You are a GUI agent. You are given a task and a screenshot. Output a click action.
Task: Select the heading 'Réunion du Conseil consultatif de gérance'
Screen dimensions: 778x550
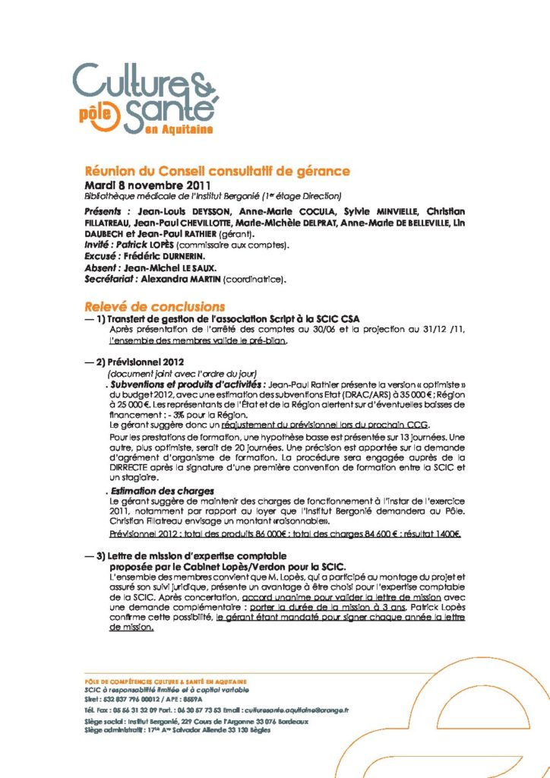[x=217, y=172]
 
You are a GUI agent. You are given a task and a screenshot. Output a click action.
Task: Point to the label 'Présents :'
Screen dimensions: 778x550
[x=107, y=210]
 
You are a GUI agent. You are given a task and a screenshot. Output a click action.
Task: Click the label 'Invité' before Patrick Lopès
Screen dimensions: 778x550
[x=101, y=248]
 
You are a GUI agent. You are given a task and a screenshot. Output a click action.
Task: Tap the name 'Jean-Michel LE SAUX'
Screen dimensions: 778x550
[x=173, y=270]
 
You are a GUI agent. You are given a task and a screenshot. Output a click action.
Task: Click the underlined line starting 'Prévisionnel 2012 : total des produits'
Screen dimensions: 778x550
[x=285, y=534]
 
